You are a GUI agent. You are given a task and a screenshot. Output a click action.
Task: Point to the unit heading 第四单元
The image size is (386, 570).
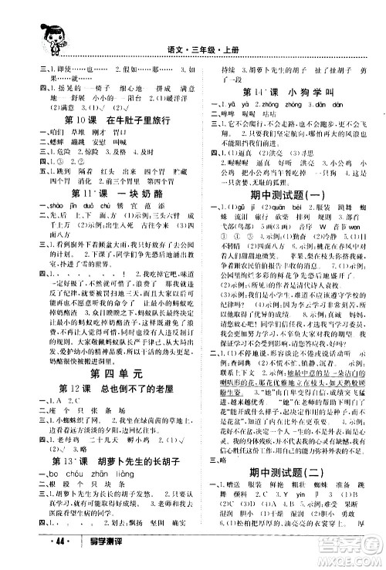(113, 372)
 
